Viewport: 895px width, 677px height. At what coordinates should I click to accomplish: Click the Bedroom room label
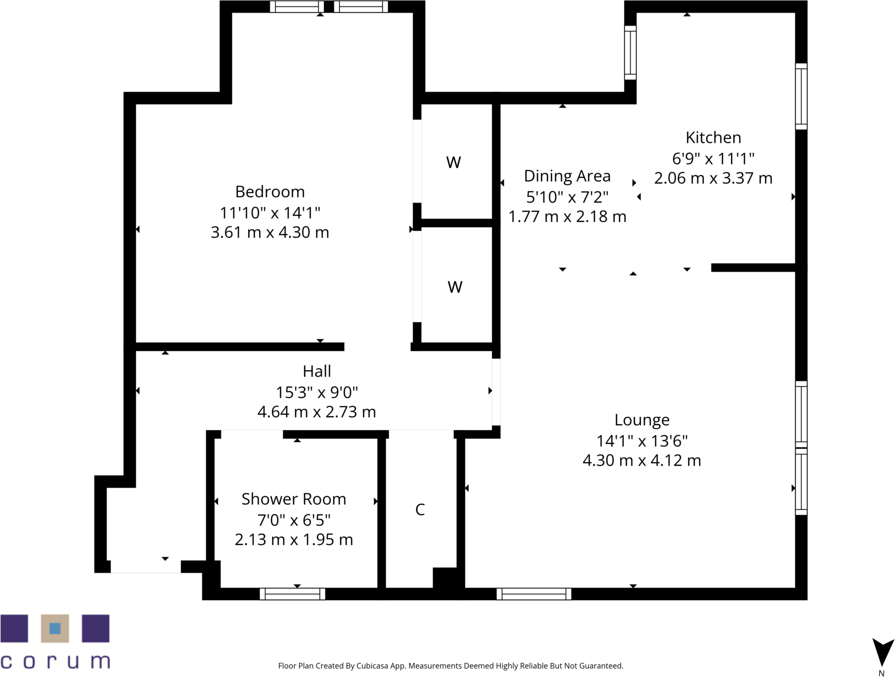270,191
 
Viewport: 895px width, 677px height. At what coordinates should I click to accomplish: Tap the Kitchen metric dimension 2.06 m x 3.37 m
713,178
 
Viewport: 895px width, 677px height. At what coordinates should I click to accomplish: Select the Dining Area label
567,176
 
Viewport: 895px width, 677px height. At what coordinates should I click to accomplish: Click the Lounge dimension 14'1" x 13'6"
642,441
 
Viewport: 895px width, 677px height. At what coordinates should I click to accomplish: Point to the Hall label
317,371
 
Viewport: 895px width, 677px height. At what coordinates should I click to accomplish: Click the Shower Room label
294,499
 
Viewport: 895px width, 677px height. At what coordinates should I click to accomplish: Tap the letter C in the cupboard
420,510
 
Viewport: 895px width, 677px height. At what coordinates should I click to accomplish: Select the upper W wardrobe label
453,162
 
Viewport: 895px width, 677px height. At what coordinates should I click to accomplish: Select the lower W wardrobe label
455,287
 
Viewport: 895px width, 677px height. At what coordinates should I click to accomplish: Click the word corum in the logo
55,661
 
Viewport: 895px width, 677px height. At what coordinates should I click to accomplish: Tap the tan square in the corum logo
55,628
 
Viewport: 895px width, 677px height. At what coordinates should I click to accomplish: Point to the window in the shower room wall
292,594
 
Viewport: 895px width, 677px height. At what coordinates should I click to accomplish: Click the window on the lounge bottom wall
534,594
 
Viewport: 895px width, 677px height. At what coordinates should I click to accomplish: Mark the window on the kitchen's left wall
630,53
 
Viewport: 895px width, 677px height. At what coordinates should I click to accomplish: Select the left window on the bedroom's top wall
297,7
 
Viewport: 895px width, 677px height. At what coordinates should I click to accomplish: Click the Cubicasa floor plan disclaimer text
450,666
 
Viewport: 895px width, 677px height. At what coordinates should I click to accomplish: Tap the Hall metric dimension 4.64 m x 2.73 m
317,411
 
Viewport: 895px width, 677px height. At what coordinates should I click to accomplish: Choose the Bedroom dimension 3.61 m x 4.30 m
270,232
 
